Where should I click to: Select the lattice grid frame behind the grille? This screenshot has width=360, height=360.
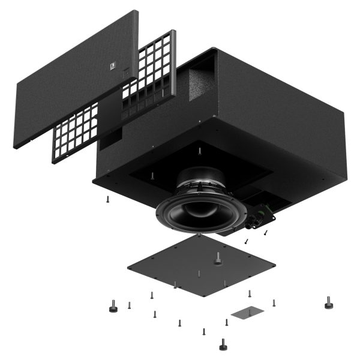coord(150,66)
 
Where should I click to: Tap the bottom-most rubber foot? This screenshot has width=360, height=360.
coord(223,344)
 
